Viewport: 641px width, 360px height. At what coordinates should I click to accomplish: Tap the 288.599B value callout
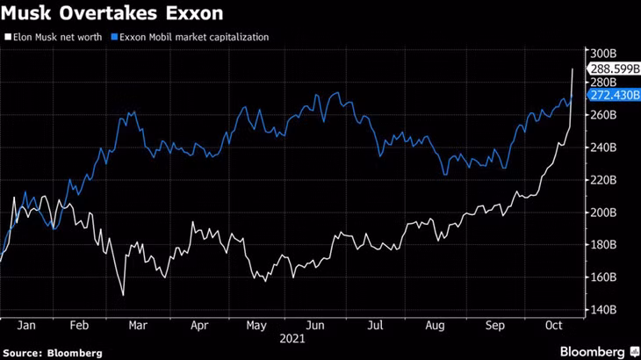tap(613, 68)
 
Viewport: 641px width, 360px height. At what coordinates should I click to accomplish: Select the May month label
tap(256, 325)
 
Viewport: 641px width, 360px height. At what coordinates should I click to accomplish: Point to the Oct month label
tap(553, 325)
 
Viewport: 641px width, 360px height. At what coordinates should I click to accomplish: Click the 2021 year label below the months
tap(292, 337)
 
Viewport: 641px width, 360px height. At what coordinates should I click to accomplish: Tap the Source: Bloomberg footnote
tap(53, 352)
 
